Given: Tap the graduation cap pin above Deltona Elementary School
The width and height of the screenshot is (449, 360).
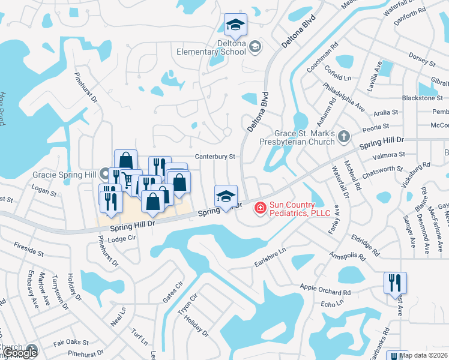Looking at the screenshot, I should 235,25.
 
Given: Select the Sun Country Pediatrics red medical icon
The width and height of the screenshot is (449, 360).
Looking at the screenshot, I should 260,208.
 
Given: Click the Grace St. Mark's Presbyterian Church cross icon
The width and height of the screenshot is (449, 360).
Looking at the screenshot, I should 343,137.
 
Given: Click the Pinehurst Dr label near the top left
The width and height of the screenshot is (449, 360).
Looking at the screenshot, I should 85,88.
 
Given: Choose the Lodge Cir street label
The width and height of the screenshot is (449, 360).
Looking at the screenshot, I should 121,238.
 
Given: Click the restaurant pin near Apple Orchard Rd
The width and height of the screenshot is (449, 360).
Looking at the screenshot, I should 395,283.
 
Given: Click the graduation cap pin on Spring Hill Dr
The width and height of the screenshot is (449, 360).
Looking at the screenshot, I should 226,196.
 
